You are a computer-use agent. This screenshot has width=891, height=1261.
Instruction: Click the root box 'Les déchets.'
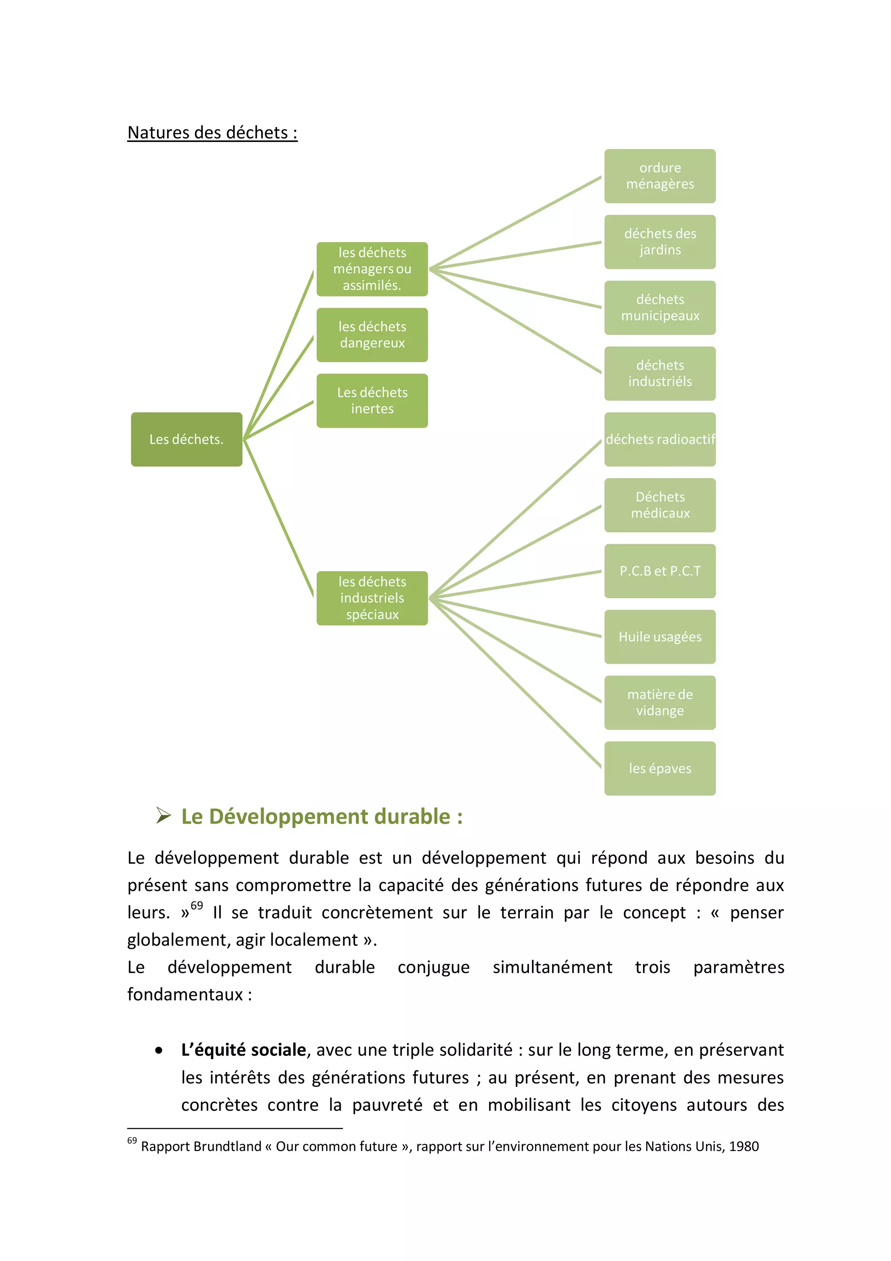(x=186, y=439)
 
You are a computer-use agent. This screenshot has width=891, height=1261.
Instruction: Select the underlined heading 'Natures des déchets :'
(x=212, y=132)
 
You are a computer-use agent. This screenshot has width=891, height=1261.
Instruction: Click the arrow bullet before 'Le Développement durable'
(x=163, y=816)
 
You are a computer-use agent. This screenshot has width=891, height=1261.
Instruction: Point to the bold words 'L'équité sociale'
(x=243, y=1049)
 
